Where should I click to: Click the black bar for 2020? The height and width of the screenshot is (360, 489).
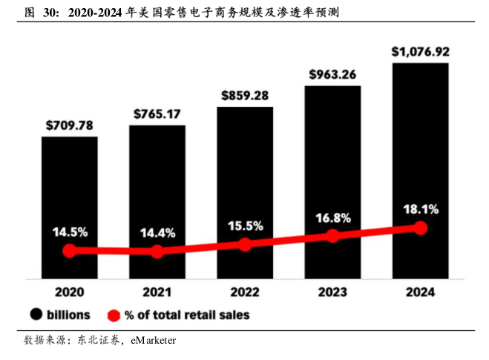point(70,186)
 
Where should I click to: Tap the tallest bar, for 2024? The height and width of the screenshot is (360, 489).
point(421,148)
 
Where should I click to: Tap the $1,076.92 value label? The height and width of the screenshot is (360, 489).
point(421,52)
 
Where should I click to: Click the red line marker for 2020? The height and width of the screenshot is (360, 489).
point(70,251)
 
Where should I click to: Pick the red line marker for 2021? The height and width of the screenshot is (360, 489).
point(157,252)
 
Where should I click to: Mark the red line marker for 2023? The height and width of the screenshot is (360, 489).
point(333,235)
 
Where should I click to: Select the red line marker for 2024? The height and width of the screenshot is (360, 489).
point(421,227)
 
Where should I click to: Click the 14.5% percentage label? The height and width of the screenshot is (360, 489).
point(70,232)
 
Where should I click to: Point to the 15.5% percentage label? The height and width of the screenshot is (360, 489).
point(245,225)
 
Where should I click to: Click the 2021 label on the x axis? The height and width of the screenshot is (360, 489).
point(157,292)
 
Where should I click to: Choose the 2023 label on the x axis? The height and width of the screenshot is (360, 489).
point(333,292)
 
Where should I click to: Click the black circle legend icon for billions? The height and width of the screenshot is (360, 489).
point(35,315)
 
